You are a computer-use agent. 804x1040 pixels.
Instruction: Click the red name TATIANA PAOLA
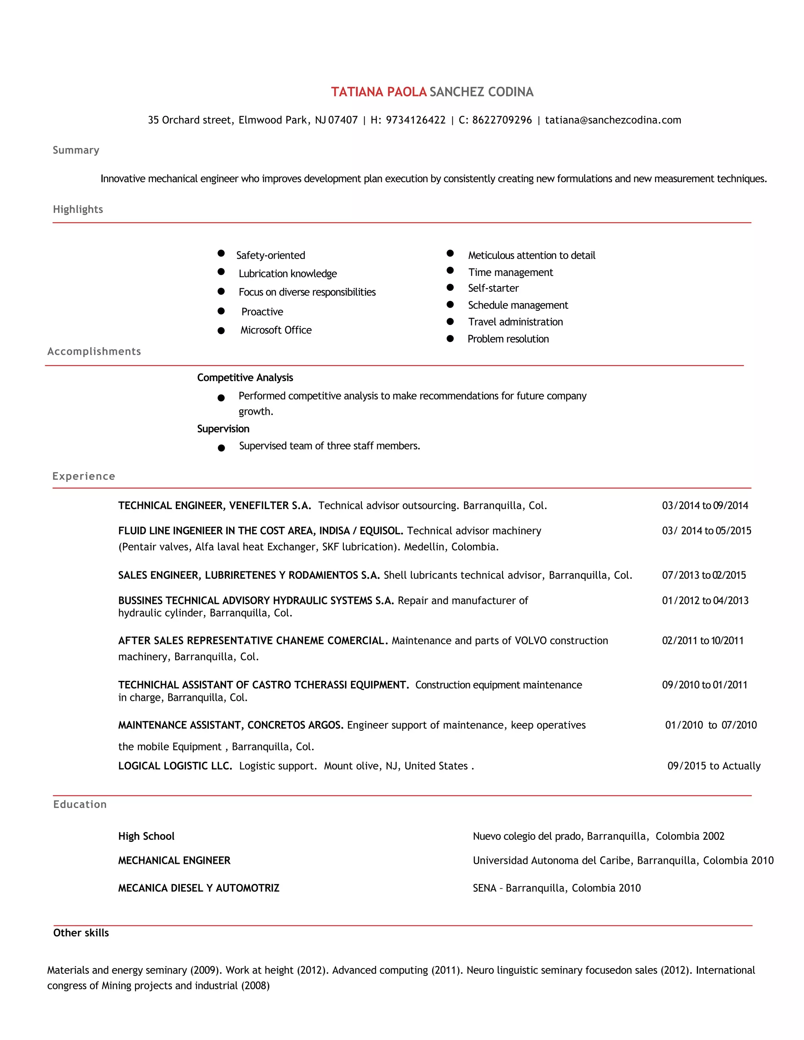click(x=379, y=92)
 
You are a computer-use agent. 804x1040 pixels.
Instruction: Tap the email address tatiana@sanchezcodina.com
click(x=612, y=120)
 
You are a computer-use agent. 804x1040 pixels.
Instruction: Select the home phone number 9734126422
click(x=415, y=120)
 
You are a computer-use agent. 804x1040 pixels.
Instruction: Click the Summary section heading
click(x=76, y=150)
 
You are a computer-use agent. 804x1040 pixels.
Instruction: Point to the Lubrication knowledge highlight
click(x=287, y=273)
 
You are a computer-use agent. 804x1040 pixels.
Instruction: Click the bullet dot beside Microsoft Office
click(x=221, y=330)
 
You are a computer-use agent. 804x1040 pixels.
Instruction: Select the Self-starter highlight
click(x=493, y=288)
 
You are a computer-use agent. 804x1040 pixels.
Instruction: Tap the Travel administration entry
click(x=515, y=322)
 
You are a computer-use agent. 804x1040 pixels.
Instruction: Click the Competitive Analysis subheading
click(x=245, y=378)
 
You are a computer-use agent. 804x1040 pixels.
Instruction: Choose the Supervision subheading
click(x=223, y=429)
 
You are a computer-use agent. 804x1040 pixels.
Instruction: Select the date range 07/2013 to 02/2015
click(x=703, y=575)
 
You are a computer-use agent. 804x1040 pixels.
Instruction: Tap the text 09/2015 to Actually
click(x=713, y=766)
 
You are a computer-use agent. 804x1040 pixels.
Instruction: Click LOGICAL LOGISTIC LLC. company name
click(x=175, y=766)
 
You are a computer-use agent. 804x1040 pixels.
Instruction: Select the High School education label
click(x=146, y=836)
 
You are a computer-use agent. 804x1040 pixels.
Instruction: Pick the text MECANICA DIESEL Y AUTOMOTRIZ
click(x=199, y=888)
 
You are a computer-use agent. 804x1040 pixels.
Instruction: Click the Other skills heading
click(x=81, y=933)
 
